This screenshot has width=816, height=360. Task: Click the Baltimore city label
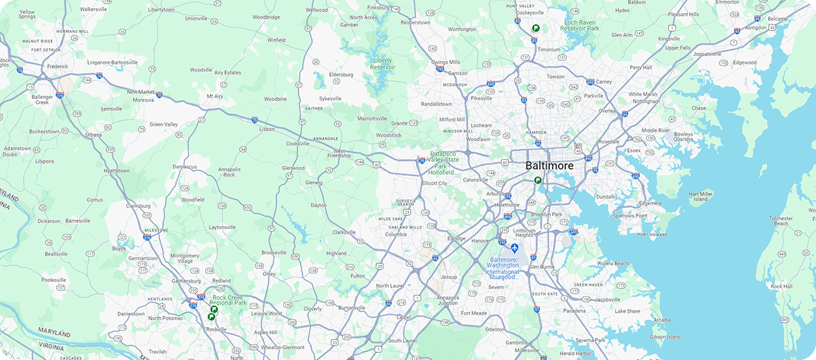click(x=549, y=166)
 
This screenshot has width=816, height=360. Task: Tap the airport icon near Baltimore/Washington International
click(x=514, y=248)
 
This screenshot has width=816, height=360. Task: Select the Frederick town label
click(x=57, y=67)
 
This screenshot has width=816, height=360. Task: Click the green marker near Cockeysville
click(x=536, y=28)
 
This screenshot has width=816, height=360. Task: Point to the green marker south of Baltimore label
click(x=538, y=181)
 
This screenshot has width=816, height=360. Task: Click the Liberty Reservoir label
click(x=382, y=64)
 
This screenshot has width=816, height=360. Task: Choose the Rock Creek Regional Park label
click(x=229, y=300)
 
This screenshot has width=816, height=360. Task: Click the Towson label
click(x=556, y=77)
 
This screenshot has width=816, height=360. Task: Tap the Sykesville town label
click(x=331, y=98)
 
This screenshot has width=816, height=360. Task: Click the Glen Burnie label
click(x=542, y=267)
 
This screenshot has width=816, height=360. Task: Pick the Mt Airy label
click(x=214, y=96)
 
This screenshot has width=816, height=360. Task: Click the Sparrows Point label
click(x=630, y=216)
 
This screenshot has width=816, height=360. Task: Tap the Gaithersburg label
click(x=186, y=281)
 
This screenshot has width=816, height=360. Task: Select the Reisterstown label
click(x=415, y=22)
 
